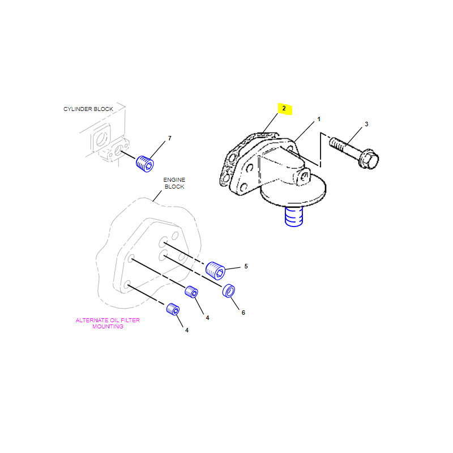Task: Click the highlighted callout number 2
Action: [x=284, y=108]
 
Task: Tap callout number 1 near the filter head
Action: [x=319, y=119]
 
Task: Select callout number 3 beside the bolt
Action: [x=366, y=124]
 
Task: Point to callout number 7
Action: [x=169, y=138]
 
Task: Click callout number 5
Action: [x=246, y=266]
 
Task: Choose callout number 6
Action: [x=243, y=313]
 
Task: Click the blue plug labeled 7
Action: [x=145, y=164]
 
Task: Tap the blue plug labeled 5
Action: [x=215, y=271]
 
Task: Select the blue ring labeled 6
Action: [x=229, y=290]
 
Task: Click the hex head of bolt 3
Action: [x=369, y=159]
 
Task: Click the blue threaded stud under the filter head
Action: [x=294, y=216]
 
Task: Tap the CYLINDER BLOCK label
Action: [x=88, y=109]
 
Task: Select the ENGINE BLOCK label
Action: [x=174, y=183]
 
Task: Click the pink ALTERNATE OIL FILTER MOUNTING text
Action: [x=108, y=323]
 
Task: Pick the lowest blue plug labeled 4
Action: [x=173, y=309]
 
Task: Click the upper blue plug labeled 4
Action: [x=191, y=292]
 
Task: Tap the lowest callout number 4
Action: [x=187, y=330]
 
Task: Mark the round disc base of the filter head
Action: [x=293, y=194]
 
